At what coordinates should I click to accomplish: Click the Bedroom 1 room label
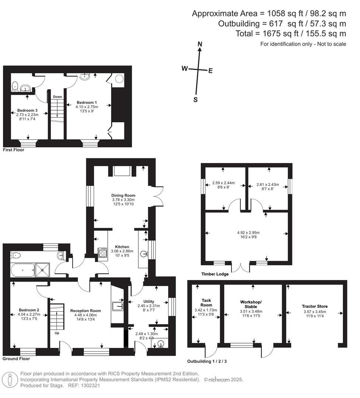tap(87, 102)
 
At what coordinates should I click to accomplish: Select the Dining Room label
tap(123, 195)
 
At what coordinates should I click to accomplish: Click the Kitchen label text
tap(122, 247)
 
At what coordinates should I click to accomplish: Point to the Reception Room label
tap(86, 311)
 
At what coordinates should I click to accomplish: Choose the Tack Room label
tap(206, 303)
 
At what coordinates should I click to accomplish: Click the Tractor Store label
tap(314, 306)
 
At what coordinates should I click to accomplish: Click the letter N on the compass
tap(200, 44)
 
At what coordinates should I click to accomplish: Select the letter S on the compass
tap(195, 99)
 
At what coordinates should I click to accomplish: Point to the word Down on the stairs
tap(57, 97)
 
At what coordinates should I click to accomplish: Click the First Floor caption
tap(14, 150)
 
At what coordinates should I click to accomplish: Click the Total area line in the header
tap(291, 34)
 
